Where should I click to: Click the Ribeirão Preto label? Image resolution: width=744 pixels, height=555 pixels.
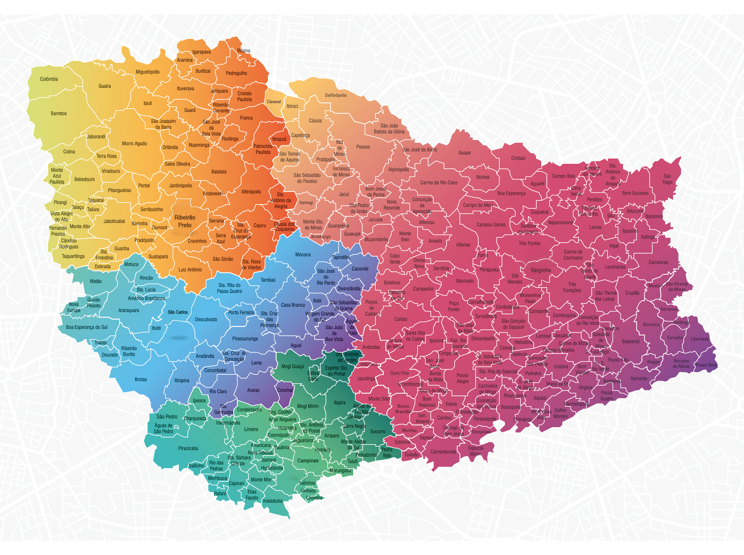185,222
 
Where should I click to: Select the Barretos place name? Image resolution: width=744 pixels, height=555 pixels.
59,114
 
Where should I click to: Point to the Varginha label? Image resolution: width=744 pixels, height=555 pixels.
541,270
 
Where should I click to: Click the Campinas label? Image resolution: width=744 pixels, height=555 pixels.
308,461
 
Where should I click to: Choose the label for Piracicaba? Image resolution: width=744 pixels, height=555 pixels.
188,448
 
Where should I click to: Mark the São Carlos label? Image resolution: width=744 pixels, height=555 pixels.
178,312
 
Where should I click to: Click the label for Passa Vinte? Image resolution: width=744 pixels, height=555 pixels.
706,365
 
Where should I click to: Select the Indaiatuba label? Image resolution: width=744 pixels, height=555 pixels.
272,501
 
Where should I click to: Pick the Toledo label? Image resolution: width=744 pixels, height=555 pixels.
411,454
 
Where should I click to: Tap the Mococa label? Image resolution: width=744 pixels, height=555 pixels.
303,255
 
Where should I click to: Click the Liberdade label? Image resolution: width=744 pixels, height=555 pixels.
700,339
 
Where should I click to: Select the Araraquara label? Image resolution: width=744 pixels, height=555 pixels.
129,311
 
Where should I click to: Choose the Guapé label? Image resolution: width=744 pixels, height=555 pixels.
464,153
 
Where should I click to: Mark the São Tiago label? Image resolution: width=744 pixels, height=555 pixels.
667,179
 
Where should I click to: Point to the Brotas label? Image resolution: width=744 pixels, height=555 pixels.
141,379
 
